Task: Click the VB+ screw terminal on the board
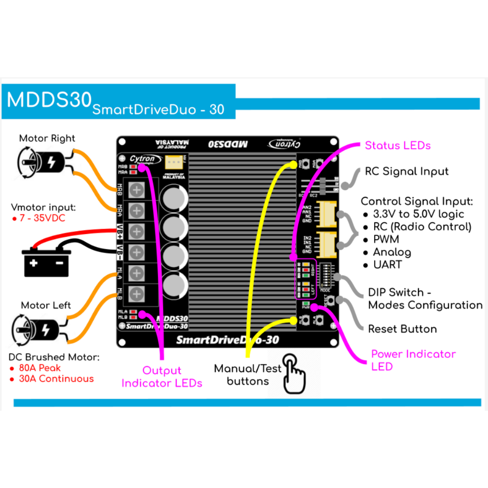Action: [x=137, y=232]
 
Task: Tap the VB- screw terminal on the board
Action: [x=137, y=252]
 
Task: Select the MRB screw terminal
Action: [x=137, y=190]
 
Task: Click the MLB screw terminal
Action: [x=137, y=293]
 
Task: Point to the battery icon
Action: [x=46, y=263]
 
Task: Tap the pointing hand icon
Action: [x=294, y=374]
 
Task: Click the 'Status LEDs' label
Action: [x=397, y=145]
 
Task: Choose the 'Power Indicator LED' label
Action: [x=413, y=360]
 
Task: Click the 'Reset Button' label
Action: [x=402, y=329]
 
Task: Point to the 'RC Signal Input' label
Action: [x=407, y=171]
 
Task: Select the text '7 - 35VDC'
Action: [x=42, y=219]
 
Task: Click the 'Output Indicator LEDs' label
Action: [x=162, y=376]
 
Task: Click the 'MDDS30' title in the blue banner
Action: [x=49, y=100]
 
